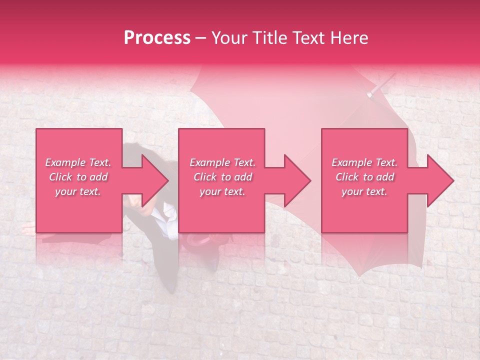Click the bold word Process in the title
point(157,38)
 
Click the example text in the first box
point(78,177)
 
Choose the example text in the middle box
point(221,177)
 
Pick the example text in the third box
point(364,177)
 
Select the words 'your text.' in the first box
point(78,191)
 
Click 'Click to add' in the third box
point(364,177)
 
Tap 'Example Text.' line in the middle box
point(222,162)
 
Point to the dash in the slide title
point(200,38)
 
